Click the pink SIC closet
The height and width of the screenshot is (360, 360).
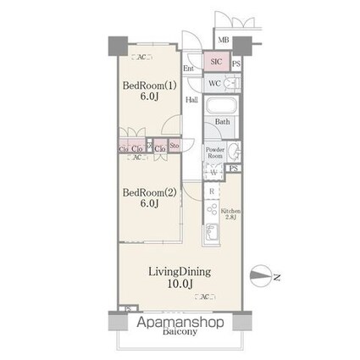click(x=215, y=62)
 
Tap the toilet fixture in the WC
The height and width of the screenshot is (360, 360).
click(x=230, y=84)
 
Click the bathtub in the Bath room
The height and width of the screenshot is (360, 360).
click(x=222, y=107)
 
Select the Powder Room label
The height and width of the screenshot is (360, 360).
click(x=215, y=153)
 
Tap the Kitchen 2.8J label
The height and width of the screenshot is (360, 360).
click(x=230, y=213)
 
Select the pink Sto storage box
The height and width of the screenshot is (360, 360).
click(x=174, y=146)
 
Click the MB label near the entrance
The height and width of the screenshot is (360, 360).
click(x=223, y=40)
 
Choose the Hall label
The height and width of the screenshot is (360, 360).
click(x=193, y=98)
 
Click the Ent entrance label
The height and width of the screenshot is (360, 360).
click(x=189, y=68)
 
